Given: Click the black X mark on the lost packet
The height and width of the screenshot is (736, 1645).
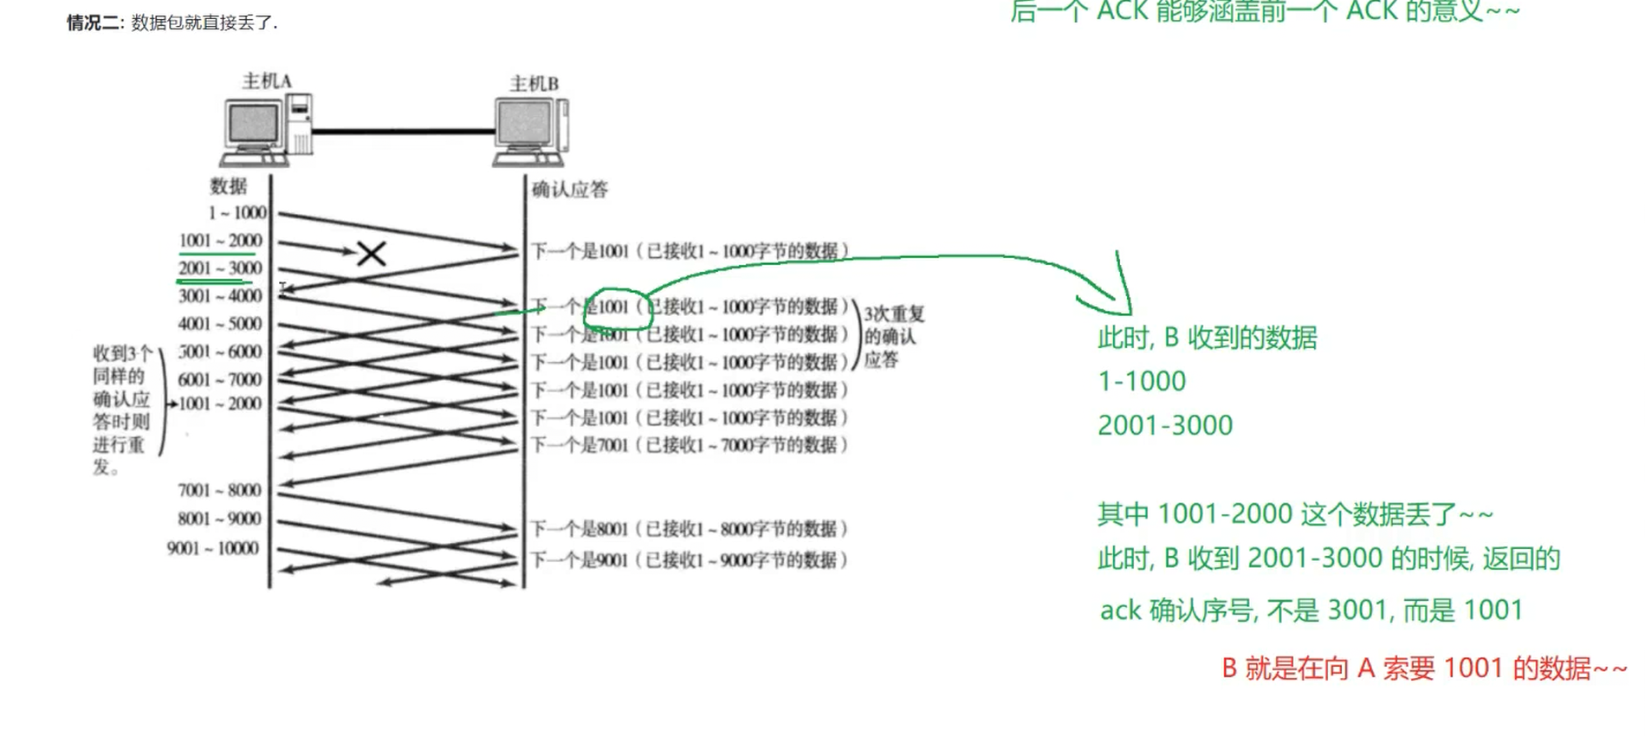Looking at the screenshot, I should point(372,254).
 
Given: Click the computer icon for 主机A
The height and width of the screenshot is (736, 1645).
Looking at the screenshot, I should point(266,130).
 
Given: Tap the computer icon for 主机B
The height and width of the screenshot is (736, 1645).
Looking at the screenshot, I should point(531,132).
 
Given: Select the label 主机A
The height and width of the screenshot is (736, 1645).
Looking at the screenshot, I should point(267,81).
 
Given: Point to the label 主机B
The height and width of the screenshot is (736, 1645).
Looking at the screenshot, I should point(534,84).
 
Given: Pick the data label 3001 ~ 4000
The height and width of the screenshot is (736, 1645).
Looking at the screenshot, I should point(220,296).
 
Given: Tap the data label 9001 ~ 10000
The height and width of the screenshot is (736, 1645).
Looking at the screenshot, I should point(213,548).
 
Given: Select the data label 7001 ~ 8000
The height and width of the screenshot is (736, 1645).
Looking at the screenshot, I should point(219,490).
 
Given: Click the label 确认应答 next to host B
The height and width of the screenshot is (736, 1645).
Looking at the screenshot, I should point(569,190).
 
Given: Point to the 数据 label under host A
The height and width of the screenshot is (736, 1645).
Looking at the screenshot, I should point(229,186).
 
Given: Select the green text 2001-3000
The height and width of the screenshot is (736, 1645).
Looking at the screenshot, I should point(1164,425).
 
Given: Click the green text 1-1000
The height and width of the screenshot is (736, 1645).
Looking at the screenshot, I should point(1142,381).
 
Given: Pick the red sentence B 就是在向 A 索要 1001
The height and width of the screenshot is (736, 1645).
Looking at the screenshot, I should point(1423,668).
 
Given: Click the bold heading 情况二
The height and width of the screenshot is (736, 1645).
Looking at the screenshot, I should point(94,23).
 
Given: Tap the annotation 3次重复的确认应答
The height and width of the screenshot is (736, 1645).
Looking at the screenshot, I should point(892,337).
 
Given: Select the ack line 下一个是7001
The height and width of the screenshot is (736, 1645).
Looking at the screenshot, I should point(689,445).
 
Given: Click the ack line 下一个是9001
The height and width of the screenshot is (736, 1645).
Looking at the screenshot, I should point(689,560).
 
